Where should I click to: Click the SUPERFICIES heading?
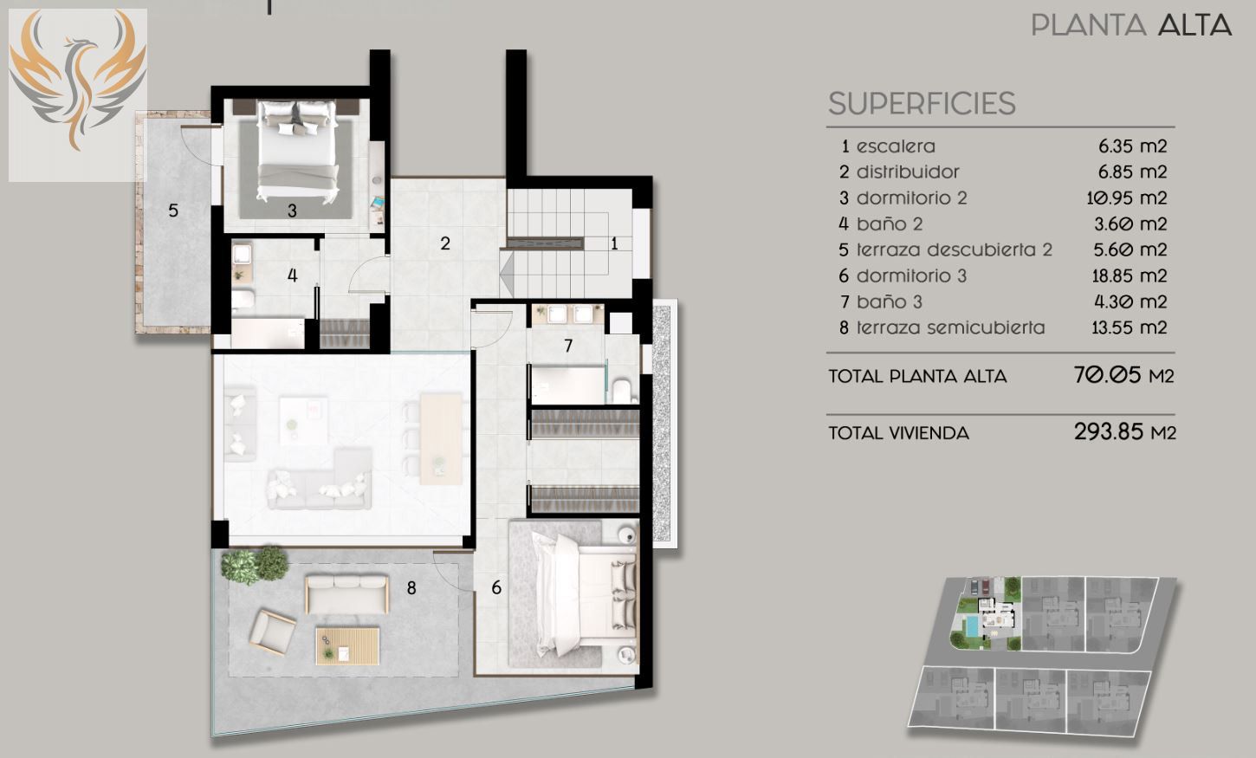(922, 104)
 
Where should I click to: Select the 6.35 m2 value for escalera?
(1132, 146)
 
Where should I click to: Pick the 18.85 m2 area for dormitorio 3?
(1130, 275)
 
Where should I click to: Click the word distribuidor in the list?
(908, 172)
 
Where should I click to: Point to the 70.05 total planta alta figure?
(1107, 374)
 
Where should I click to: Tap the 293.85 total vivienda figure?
(1108, 431)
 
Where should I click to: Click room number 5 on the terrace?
(173, 211)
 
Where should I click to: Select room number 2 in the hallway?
(445, 243)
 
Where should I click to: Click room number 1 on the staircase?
(614, 244)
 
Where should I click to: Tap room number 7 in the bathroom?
(568, 346)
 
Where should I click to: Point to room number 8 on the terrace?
(411, 587)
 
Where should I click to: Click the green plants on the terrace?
(254, 564)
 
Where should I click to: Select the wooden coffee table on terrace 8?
(347, 645)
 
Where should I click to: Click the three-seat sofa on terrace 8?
(347, 594)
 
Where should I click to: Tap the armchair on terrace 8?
(273, 632)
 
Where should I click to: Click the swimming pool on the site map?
(972, 625)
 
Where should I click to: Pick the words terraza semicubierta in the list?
(950, 327)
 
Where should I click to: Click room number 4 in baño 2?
(292, 275)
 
